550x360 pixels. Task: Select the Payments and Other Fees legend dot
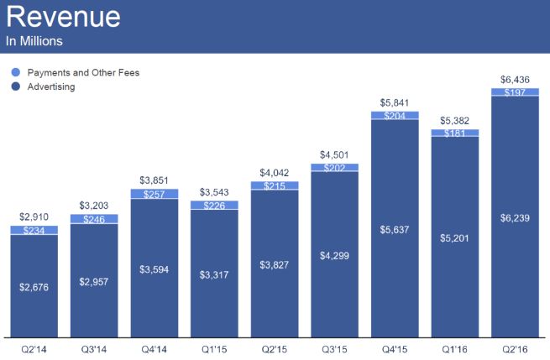point(13,73)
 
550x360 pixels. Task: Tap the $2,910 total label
point(34,217)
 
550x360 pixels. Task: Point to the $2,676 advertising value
point(34,286)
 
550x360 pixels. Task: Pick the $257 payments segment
point(154,194)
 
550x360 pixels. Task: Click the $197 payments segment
point(514,91)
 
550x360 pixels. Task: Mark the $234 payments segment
point(34,229)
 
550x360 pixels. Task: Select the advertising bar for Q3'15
point(334,252)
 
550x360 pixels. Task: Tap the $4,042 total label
point(274,173)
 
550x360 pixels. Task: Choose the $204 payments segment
point(394,116)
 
